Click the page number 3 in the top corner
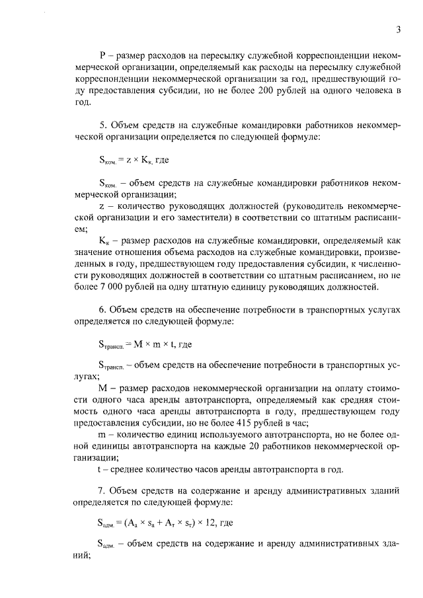coord(399,29)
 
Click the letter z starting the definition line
coord(100,207)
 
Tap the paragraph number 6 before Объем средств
coord(101,309)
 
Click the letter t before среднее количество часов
coord(100,470)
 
